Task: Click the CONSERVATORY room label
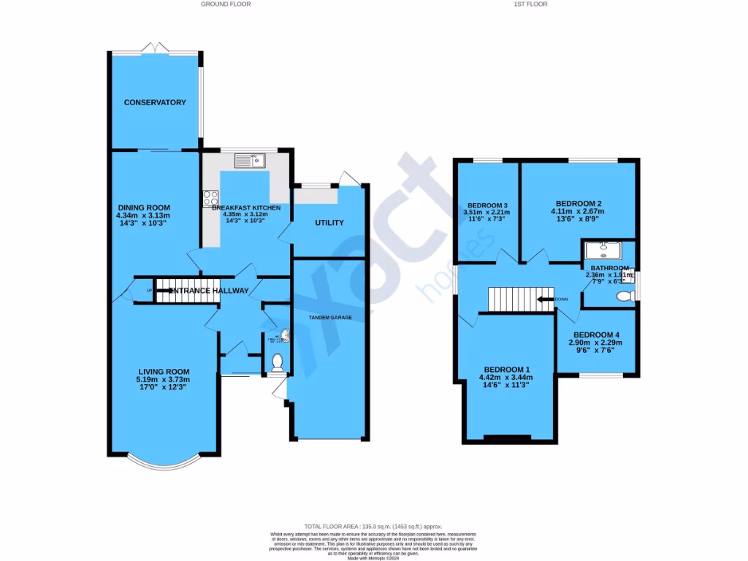(x=154, y=102)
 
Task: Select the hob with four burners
(x=210, y=198)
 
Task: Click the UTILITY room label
(x=329, y=223)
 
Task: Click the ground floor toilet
(x=277, y=362)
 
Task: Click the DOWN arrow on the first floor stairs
(x=544, y=299)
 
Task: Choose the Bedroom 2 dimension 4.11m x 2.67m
(x=578, y=212)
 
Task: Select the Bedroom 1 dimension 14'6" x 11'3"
(x=505, y=385)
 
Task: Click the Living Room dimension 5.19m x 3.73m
(x=162, y=379)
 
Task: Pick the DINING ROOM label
(x=142, y=207)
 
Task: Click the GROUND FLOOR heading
(x=226, y=4)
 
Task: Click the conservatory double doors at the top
(x=156, y=48)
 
